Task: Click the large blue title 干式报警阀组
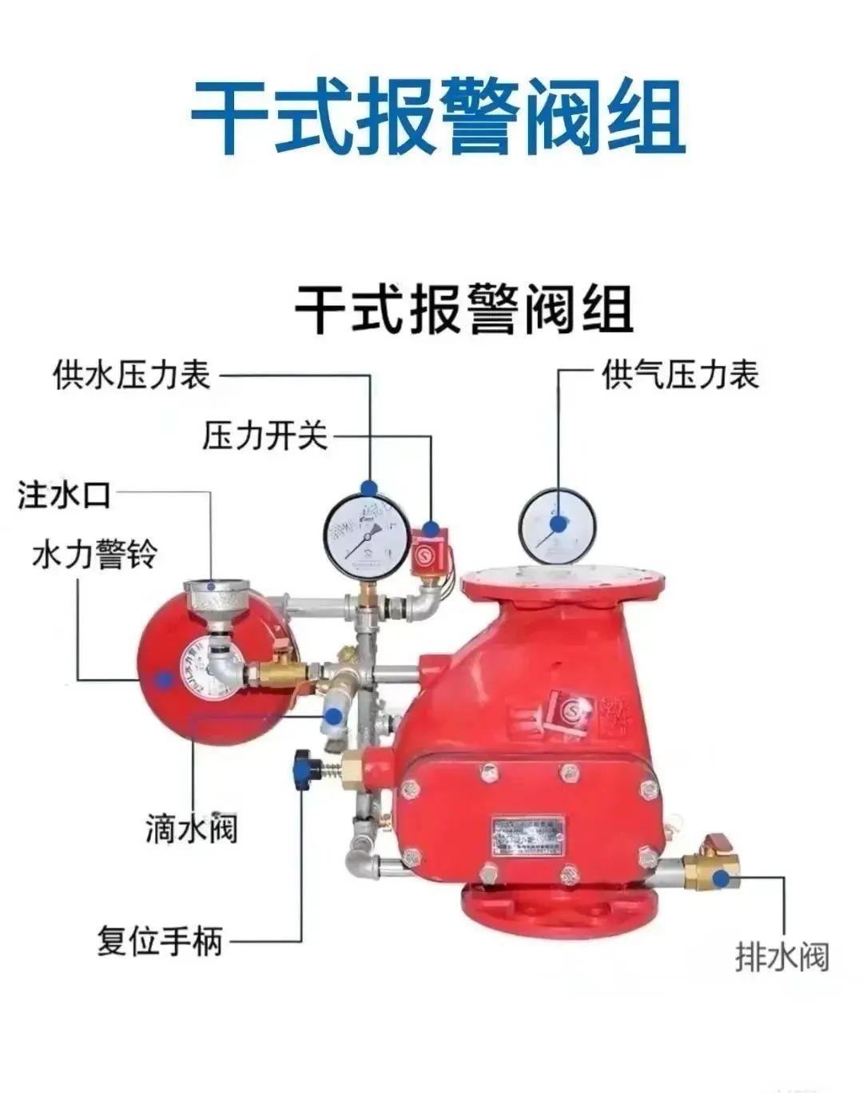coord(438,117)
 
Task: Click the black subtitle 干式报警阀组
coord(464,308)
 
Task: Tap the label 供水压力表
coord(132,375)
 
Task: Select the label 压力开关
coord(264,436)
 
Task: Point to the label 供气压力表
coord(680,375)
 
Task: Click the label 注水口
coord(64,495)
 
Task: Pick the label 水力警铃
coord(94,554)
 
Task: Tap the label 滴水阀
coord(191,829)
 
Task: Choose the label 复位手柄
coord(160,940)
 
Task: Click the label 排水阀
coord(782,956)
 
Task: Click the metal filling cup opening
coord(214,591)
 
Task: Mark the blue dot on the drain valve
coord(723,880)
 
